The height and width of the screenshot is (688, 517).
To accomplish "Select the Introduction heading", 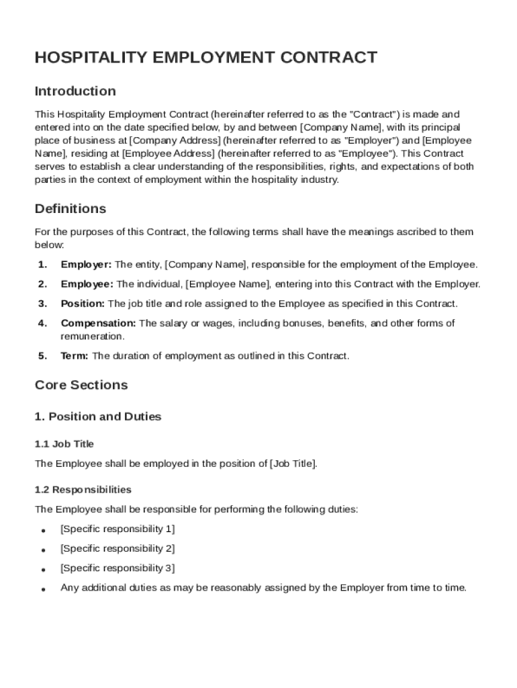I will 75,91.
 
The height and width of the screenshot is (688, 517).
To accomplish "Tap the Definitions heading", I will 70,208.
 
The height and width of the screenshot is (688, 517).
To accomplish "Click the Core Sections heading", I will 81,385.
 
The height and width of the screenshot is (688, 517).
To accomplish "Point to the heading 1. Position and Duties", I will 98,417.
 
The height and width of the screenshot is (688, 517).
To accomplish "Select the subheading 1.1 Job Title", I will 64,443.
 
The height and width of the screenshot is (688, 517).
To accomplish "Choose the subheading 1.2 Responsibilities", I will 83,489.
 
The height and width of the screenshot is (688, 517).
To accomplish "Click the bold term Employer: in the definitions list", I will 87,265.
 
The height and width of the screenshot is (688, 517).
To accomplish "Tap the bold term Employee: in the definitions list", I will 87,284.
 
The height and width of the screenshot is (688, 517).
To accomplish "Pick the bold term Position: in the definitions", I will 83,304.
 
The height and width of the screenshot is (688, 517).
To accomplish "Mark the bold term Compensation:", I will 99,323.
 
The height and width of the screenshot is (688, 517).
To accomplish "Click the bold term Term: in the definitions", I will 75,356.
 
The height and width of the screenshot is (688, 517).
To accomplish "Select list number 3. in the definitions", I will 42,304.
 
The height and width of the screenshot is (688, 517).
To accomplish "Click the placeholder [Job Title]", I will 293,464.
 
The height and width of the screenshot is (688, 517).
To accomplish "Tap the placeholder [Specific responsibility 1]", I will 117,529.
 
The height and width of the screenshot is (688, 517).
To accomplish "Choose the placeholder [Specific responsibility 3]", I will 117,568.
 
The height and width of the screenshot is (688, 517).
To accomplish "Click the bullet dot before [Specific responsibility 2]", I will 43,550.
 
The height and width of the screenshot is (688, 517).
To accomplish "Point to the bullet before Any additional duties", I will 43,589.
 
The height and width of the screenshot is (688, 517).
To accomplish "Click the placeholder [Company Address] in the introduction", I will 175,140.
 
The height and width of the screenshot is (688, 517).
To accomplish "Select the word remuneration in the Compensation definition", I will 93,336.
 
